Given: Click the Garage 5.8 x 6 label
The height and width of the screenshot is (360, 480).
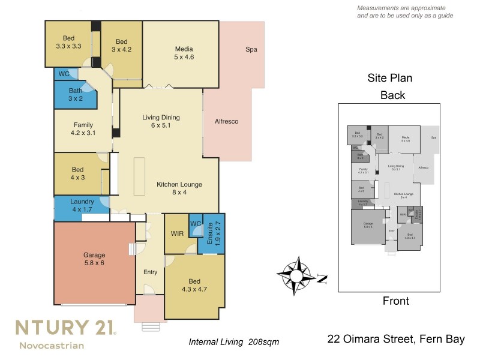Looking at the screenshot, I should (94, 258).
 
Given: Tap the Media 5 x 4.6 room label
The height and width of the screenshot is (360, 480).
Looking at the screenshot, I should (184, 53).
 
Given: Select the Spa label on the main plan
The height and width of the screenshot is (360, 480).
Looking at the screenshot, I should (251, 49).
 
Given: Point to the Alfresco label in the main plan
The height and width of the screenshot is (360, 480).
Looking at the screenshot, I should (226, 121).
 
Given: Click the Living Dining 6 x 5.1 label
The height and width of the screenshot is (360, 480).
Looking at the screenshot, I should (161, 121).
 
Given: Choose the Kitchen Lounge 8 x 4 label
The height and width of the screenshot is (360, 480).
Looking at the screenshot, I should (179, 188).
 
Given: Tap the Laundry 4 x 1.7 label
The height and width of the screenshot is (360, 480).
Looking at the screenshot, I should (81, 205).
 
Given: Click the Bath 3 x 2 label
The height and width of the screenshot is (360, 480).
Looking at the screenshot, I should (75, 95).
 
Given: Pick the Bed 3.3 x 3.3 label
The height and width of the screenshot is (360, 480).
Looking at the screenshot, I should (68, 41).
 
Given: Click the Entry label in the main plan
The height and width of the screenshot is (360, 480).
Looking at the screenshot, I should (150, 272).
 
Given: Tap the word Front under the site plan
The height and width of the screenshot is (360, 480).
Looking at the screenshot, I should (395, 301).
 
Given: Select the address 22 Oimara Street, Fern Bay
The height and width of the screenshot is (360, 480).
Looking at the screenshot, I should (396, 340).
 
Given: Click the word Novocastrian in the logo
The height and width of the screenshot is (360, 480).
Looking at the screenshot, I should (51, 345).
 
